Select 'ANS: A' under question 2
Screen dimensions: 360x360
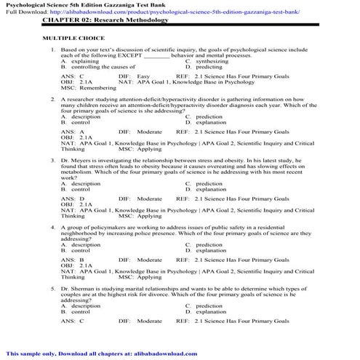[x=72, y=131]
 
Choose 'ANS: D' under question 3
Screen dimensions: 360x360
[x=72, y=198]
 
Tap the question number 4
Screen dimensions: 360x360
[x=53, y=227]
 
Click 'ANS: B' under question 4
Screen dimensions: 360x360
[x=72, y=260]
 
